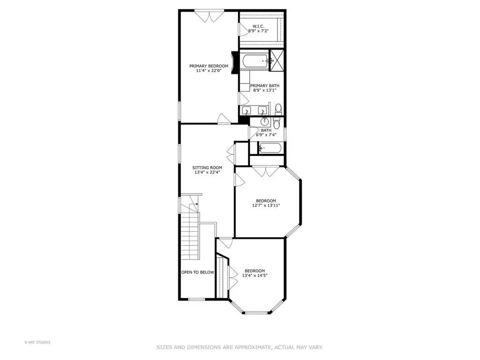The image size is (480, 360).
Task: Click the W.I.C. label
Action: tap(259, 26)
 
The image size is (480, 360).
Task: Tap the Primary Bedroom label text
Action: tap(208, 66)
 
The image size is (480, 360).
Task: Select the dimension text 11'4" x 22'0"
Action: tap(208, 71)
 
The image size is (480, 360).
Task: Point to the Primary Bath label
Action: tap(265, 86)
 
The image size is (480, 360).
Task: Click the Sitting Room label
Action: tap(207, 168)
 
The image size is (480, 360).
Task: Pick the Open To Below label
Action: tap(198, 272)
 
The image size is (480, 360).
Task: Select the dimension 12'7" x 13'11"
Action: tap(266, 206)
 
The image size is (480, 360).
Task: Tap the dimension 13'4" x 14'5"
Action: tap(255, 276)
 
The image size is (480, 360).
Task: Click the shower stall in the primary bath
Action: tap(276, 60)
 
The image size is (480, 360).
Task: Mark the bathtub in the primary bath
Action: tap(254, 61)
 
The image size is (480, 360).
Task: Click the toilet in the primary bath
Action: tap(278, 109)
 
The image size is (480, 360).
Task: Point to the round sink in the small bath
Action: tap(265, 122)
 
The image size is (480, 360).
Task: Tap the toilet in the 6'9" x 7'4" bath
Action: tap(276, 123)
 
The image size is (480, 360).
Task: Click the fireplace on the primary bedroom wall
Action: tap(235, 62)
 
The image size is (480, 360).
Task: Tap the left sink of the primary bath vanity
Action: tap(246, 110)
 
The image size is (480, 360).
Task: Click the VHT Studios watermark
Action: tap(37, 342)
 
